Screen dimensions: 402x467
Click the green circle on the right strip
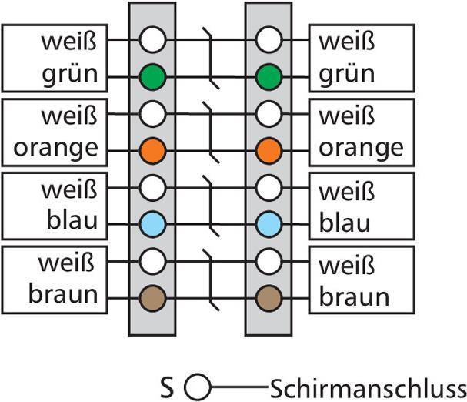pos(268,76)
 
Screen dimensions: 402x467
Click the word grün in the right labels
pos(346,76)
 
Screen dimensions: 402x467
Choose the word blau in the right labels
pos(345,222)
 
